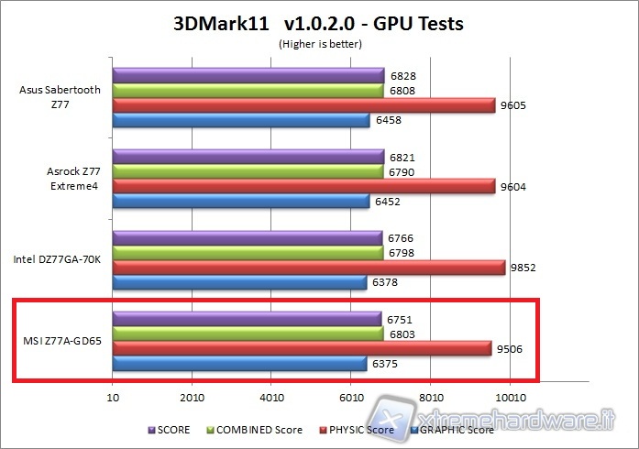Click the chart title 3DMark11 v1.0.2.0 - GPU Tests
tap(318, 24)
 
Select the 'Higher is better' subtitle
tap(318, 43)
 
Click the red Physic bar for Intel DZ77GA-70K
tap(308, 268)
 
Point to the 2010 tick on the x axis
tap(192, 398)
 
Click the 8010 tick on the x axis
tap(430, 398)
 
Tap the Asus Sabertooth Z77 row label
tap(60, 97)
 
